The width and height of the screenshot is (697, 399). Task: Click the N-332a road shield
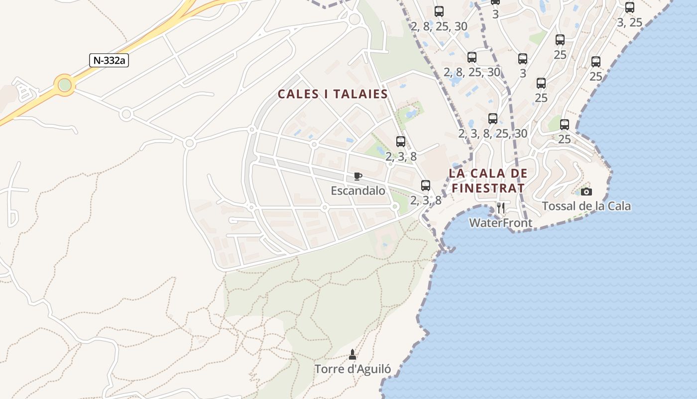point(109,60)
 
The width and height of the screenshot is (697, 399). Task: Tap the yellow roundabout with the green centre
point(65,85)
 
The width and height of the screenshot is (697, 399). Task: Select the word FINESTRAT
point(488,189)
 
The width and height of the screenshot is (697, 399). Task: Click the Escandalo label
point(358,191)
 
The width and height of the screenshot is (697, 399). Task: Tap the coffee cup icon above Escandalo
point(357,176)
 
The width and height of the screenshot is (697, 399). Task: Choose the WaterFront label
point(501,223)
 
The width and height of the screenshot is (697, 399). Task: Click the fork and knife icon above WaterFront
point(501,208)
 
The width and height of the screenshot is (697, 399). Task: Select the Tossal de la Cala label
point(586,206)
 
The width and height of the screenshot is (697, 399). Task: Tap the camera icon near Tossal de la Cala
point(586,192)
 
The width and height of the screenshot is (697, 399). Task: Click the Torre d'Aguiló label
point(352,370)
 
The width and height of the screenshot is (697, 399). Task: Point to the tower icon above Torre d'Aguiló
point(352,355)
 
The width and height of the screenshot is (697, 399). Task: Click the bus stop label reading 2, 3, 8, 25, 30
point(492,134)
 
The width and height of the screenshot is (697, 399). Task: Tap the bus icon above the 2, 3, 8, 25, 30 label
point(493,119)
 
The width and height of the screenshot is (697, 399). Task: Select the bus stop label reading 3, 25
point(629,22)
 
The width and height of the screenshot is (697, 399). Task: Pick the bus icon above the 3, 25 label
point(630,7)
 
